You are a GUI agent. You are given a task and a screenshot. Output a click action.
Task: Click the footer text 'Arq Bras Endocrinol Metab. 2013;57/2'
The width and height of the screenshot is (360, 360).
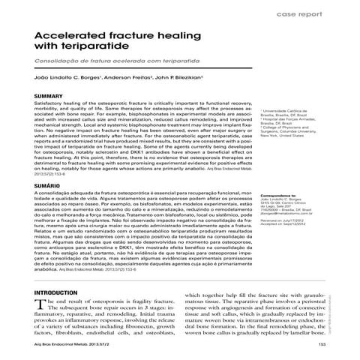click(72, 343)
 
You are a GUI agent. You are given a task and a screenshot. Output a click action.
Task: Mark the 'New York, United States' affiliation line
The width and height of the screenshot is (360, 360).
click(285, 136)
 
